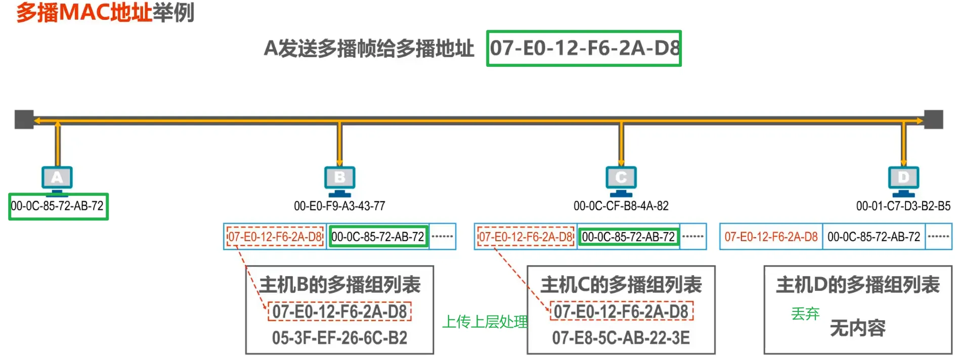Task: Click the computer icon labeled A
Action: [x=57, y=179]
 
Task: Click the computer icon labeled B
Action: [x=339, y=179]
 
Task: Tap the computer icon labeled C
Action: [x=621, y=179]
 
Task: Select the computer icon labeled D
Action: [x=903, y=179]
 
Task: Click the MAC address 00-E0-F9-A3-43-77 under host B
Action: [x=339, y=206]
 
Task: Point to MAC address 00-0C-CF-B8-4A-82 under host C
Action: [x=621, y=206]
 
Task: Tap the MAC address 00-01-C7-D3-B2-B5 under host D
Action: [x=903, y=206]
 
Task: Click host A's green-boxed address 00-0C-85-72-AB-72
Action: [x=58, y=206]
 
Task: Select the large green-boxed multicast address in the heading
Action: [x=584, y=49]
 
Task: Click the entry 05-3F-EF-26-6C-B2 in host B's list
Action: [x=339, y=338]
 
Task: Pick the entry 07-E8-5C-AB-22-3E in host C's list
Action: [x=621, y=338]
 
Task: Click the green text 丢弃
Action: [x=805, y=314]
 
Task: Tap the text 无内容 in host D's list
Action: [x=858, y=328]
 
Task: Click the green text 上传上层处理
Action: [x=485, y=322]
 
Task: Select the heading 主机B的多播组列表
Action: [x=340, y=285]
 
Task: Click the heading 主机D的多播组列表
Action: [x=858, y=285]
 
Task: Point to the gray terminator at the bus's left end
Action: [x=24, y=119]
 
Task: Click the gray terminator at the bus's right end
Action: [x=933, y=119]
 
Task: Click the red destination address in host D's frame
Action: [x=771, y=237]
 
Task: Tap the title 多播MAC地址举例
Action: [x=105, y=13]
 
